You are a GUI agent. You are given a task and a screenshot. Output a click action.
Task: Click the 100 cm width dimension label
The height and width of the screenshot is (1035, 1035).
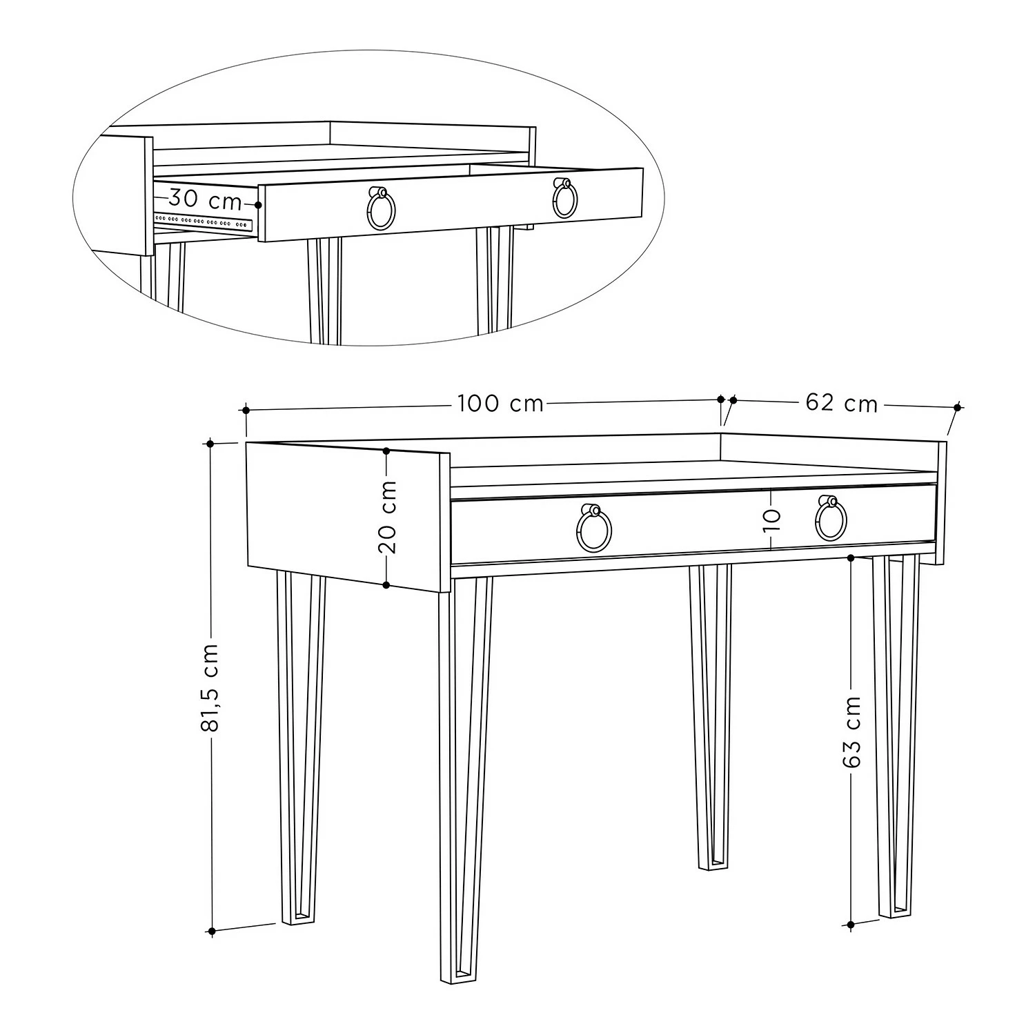coord(500,403)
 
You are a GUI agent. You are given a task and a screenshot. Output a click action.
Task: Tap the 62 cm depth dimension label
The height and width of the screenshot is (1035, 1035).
coord(842,402)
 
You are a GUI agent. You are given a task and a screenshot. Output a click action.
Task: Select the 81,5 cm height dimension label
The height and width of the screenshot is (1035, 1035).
coord(212,687)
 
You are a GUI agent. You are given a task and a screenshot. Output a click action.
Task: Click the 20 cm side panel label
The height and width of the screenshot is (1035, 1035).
coord(388,517)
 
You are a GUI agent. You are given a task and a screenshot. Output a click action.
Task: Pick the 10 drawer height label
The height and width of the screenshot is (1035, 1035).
coord(771,518)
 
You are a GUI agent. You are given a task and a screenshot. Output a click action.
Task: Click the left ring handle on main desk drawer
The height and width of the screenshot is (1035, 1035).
coord(593,528)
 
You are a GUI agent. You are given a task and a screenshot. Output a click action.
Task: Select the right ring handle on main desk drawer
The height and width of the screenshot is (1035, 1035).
coord(830,519)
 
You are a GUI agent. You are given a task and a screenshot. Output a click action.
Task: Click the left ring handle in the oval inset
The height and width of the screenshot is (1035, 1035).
coord(380,208)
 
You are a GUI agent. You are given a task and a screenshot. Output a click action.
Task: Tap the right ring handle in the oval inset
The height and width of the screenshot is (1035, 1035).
coord(564,199)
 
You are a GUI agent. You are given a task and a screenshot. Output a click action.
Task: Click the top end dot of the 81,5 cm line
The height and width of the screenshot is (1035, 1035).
coord(212,443)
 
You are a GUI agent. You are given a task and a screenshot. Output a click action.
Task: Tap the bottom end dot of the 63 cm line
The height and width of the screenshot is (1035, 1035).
coord(851,924)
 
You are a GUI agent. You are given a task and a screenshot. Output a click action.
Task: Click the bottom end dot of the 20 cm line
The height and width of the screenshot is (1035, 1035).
coord(386,585)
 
